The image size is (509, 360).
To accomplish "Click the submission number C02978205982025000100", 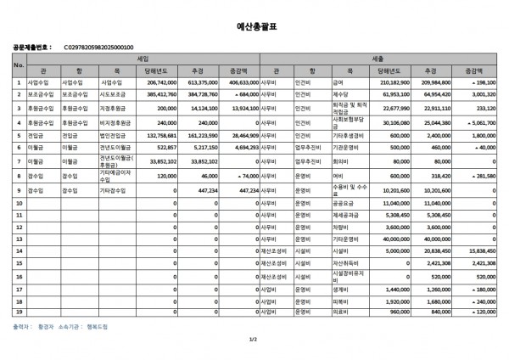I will click(98, 48).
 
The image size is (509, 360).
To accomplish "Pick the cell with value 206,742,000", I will click(161, 83).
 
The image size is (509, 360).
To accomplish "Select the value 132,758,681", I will click(161, 135).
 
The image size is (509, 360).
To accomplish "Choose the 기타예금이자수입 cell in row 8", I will click(115, 175).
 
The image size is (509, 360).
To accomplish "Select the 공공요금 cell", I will click(343, 204).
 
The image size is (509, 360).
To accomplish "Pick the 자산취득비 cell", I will click(344, 264).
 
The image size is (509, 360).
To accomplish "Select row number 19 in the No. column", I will click(19, 312).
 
